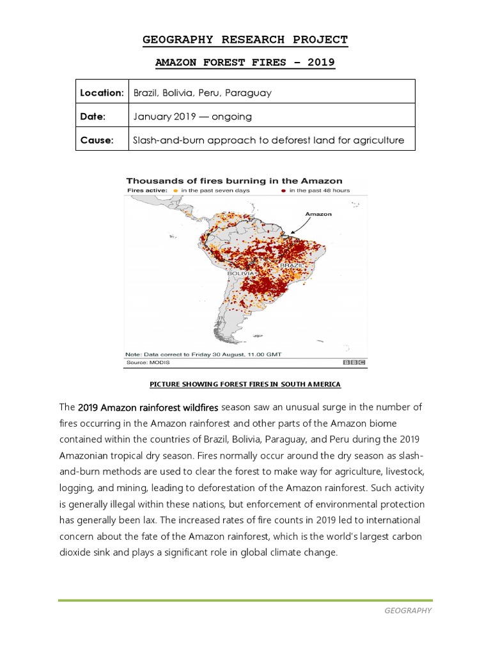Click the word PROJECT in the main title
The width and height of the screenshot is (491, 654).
[313, 40]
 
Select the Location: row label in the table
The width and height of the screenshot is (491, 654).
[102, 93]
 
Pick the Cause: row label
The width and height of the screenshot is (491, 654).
[97, 140]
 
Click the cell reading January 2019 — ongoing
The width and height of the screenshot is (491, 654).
[192, 116]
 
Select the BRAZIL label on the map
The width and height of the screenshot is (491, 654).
[290, 264]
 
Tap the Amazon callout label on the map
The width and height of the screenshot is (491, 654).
[319, 215]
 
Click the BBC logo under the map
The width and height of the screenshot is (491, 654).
[354, 362]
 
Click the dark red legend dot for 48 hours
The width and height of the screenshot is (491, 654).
[283, 191]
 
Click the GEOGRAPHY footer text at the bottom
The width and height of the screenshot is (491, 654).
[408, 611]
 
